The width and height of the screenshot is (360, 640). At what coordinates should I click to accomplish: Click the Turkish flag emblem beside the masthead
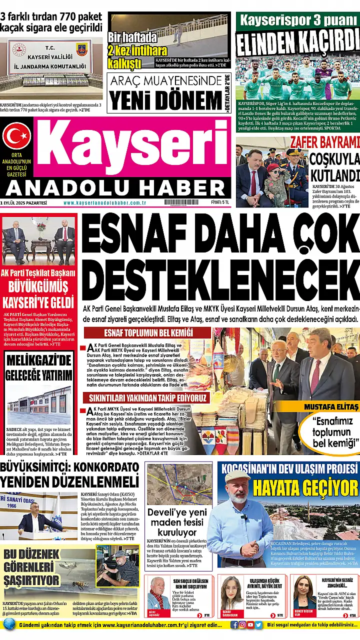coord(16,135)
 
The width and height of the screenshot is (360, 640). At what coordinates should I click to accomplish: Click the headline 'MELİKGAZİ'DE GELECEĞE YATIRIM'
coord(38,367)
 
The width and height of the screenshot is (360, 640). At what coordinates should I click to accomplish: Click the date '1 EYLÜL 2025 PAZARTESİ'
coord(24,203)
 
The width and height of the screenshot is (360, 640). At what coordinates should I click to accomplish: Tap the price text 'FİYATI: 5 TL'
coord(219,202)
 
